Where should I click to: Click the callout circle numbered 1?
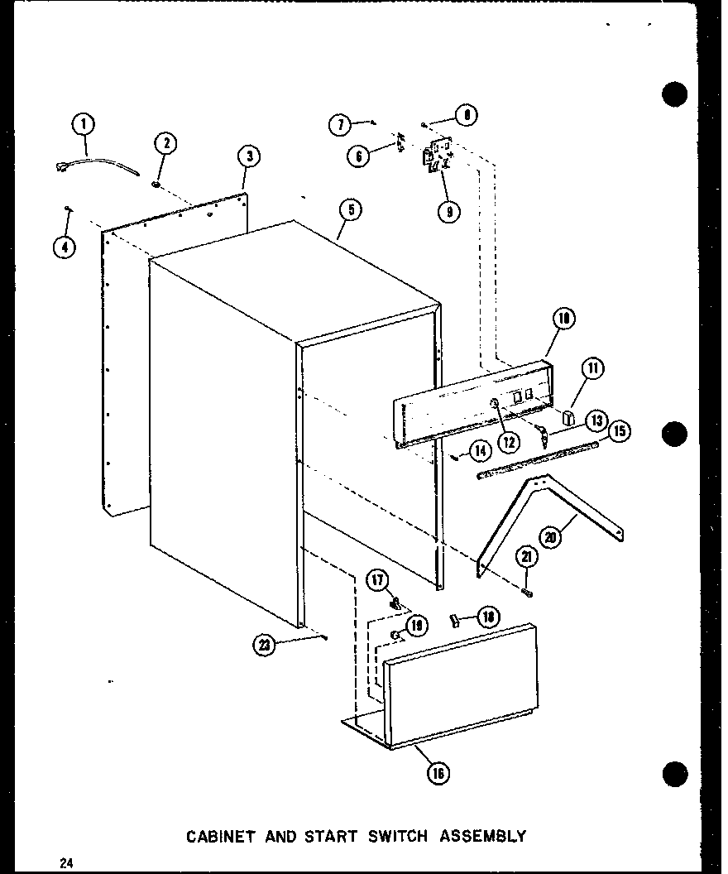(x=83, y=125)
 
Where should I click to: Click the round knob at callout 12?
(x=494, y=404)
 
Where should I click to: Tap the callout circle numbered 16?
(x=438, y=773)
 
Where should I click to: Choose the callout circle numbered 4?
(x=64, y=246)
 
